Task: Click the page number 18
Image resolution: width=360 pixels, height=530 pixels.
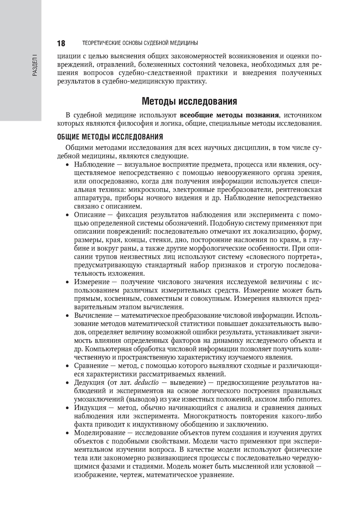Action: click(61, 43)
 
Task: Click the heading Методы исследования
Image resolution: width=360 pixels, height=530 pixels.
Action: click(189, 101)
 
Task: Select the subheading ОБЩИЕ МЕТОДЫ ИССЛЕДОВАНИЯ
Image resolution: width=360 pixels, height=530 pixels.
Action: click(110, 137)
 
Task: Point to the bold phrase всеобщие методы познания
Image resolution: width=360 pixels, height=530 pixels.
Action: click(229, 115)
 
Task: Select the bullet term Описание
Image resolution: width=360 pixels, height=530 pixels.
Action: click(89, 215)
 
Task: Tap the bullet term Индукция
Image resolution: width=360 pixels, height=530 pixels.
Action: click(90, 408)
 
